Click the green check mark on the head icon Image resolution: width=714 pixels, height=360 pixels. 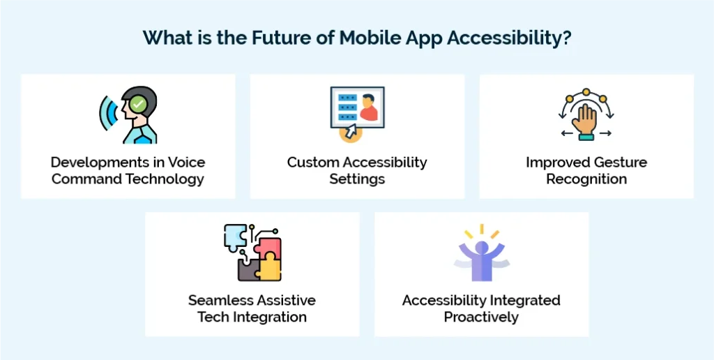point(139,105)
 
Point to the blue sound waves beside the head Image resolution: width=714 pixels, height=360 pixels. point(107,111)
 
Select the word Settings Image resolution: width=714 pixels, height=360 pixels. point(357,179)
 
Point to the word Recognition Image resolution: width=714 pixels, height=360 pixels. point(586,179)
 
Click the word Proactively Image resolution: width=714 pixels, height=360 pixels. point(481,317)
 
